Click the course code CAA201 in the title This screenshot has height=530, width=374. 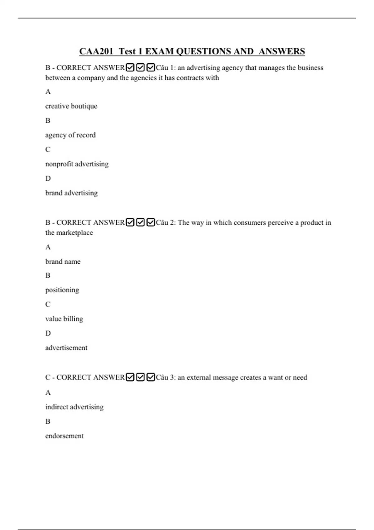tap(96, 51)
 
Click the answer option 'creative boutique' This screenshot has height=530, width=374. tap(71, 106)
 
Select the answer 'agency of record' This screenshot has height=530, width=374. tap(70, 135)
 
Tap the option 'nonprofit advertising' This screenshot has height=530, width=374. tap(77, 164)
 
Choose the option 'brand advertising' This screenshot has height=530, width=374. tap(71, 193)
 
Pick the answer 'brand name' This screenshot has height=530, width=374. tap(63, 262)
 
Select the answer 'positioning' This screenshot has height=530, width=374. tap(62, 290)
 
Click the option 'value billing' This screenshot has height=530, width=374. tap(64, 319)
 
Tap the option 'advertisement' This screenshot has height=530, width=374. tap(66, 348)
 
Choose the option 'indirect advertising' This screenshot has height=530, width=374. tap(74, 407)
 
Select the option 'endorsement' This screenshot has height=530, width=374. tap(64, 436)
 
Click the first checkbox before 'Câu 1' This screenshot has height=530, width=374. tap(130, 67)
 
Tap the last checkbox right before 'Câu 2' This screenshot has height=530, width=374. tap(151, 222)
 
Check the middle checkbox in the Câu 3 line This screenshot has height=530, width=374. tap(141, 377)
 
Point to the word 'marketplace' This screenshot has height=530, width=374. tap(74, 233)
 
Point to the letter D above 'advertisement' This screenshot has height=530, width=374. tap(48, 333)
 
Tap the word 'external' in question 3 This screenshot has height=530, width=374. tap(198, 377)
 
